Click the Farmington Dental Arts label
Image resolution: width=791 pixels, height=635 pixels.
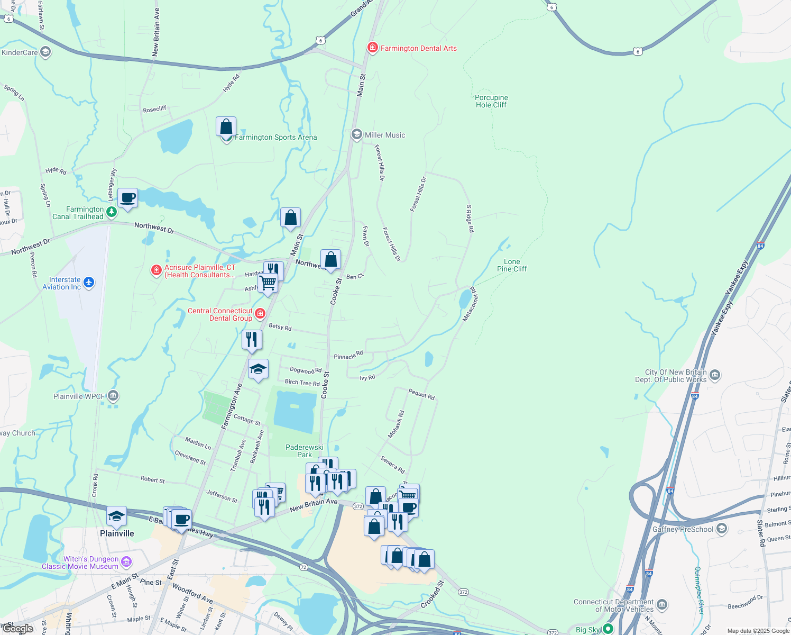point(418,48)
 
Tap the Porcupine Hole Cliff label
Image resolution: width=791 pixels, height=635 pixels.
point(491,101)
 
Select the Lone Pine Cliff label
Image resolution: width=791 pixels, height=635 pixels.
point(512,265)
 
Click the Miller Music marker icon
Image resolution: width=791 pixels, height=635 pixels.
point(357,135)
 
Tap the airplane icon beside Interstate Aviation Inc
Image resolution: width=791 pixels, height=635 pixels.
point(89,282)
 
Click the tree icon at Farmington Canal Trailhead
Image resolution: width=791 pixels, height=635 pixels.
point(111,212)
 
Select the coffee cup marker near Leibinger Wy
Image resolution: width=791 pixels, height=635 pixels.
point(127,198)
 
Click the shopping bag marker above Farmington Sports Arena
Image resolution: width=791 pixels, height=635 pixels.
point(226,128)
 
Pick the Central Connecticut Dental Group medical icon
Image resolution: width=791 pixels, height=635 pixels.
point(260,314)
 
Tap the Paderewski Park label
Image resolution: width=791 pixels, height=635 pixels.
point(305,451)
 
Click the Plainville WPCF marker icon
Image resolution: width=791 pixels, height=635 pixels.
point(113,396)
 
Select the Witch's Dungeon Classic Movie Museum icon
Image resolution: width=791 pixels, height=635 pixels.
point(126,561)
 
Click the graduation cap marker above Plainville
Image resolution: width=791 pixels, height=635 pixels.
point(116,516)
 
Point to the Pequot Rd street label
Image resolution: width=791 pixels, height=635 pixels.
point(421,394)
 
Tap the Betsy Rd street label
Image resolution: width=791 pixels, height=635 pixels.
point(280,327)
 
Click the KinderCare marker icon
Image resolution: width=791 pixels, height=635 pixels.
point(45,52)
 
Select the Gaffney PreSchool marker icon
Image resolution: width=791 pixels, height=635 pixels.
point(722,529)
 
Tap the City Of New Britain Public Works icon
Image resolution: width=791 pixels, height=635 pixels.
point(715,376)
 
